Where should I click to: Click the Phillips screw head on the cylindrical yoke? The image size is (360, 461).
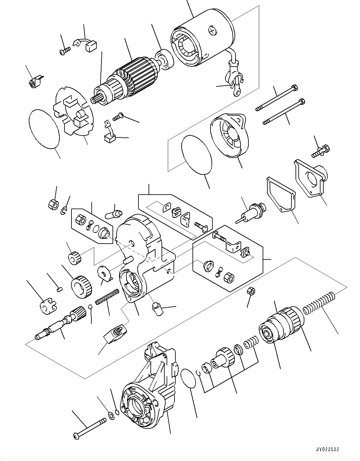point(212,30)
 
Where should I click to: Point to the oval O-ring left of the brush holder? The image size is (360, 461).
point(44,128)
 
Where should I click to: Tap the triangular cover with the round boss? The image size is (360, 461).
point(311,179)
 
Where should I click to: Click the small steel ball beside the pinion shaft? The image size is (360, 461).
point(90,306)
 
